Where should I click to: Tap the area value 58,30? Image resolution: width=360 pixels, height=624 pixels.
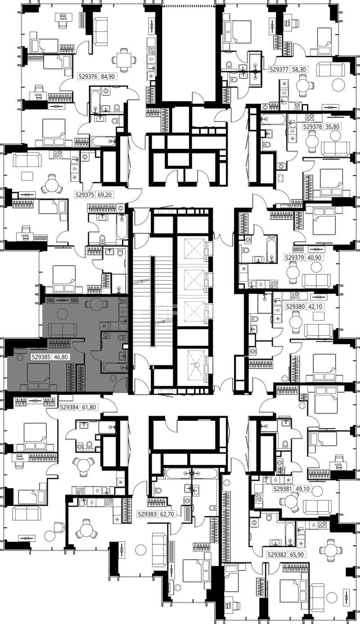coord(299,70)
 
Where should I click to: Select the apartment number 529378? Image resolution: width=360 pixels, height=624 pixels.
coord(312,127)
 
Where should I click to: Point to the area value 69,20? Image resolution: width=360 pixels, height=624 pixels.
coord(105,195)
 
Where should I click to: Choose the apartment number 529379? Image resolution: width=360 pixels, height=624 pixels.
coord(294,257)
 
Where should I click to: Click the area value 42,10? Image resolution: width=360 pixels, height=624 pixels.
coord(315,307)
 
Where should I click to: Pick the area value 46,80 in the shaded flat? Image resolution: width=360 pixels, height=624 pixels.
coord(61,357)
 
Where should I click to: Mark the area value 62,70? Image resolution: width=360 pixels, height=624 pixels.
coord(168,514)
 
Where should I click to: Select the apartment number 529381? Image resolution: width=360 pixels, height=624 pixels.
coord(283,488)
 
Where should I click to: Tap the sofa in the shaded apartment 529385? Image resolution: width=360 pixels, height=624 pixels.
coord(63,330)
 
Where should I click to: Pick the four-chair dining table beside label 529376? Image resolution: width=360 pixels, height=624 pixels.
coord(124,60)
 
